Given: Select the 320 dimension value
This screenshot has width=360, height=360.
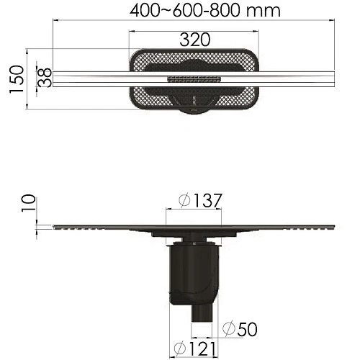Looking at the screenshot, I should (194, 40).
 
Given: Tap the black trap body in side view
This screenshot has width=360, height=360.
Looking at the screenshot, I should (194, 274).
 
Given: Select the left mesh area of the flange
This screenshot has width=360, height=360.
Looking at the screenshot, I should (144, 90).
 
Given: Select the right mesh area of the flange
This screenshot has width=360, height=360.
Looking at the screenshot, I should (243, 90).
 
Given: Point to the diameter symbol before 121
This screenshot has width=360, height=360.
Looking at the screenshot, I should (175, 349).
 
